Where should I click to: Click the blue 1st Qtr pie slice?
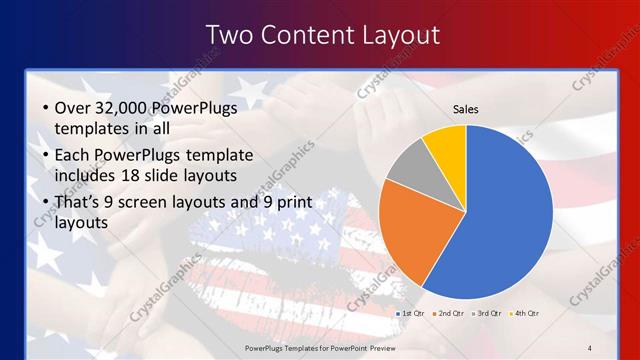[x=505, y=215]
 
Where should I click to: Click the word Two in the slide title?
[x=229, y=35]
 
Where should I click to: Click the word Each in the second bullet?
[x=75, y=156]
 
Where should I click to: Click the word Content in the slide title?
[x=303, y=35]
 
